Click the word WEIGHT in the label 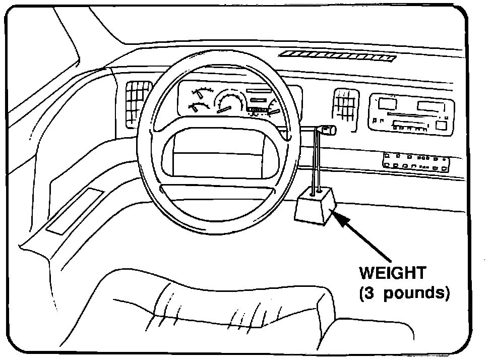pyautogui.click(x=392, y=274)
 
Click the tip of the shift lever pyautogui.click(x=329, y=131)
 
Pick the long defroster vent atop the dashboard pyautogui.click(x=337, y=56)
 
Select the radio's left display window pyautogui.click(x=387, y=104)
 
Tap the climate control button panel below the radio pyautogui.click(x=416, y=161)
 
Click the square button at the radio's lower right pyautogui.click(x=442, y=126)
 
